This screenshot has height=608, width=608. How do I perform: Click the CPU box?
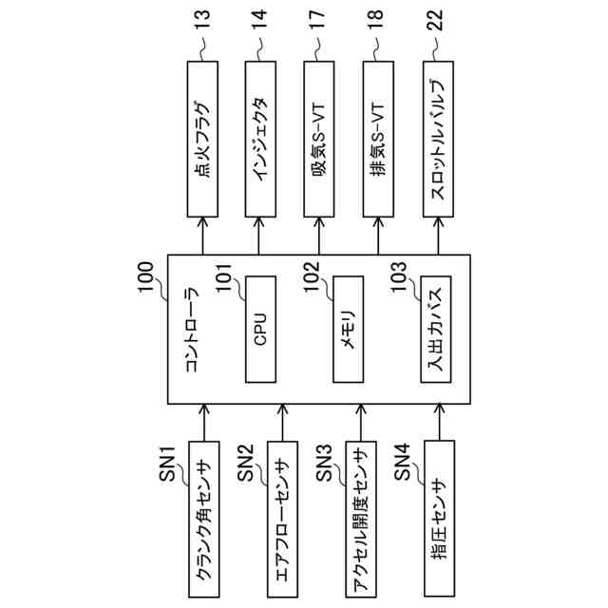[260, 328]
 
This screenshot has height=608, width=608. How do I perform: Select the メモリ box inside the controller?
[349, 328]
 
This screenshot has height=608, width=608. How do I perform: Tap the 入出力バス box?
[434, 328]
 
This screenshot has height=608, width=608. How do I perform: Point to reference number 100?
[150, 282]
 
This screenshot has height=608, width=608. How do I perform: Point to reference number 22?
[435, 28]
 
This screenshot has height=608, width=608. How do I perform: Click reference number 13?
[200, 28]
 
